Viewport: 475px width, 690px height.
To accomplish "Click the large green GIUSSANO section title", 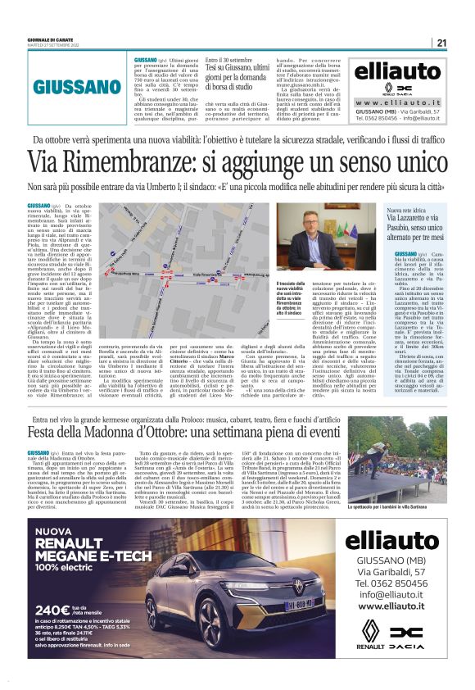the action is click(x=79, y=84).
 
